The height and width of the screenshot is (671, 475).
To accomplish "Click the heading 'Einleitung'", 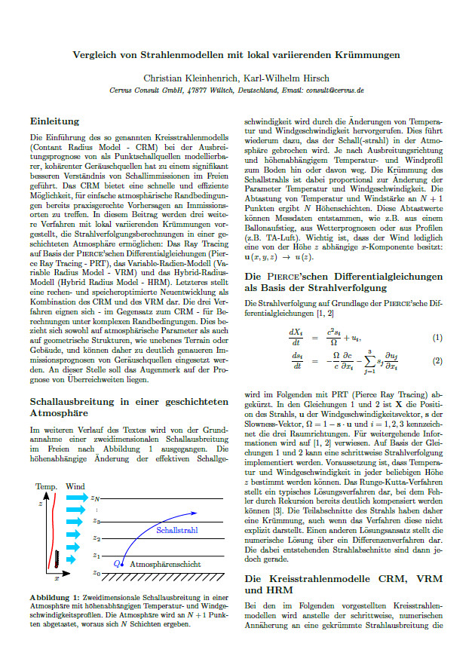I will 54,121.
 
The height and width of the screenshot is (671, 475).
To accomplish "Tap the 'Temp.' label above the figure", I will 47,486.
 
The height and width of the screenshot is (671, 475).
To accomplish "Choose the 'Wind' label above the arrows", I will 75,486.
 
